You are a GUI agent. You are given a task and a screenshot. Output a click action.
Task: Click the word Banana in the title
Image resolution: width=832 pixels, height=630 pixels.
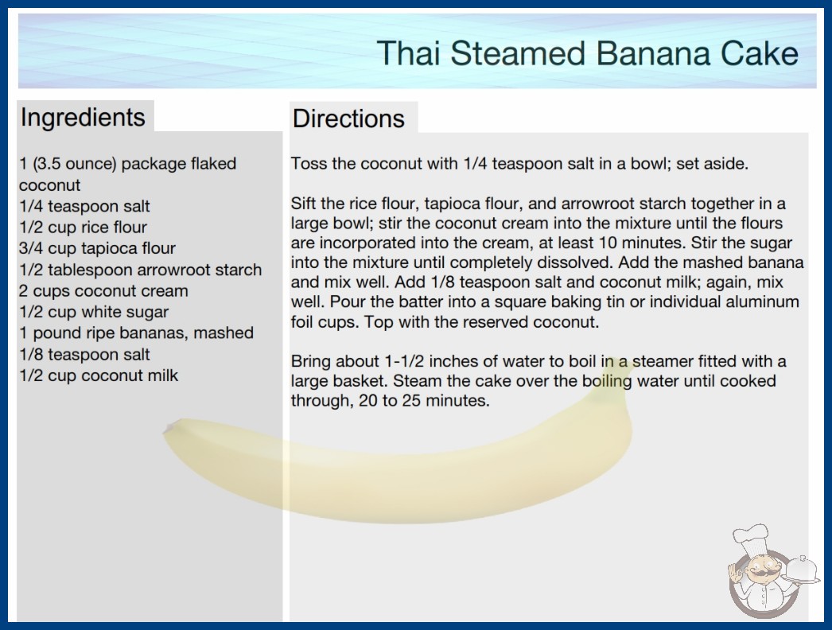click(x=653, y=53)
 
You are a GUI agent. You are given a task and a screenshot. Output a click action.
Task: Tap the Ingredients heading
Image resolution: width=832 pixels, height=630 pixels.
click(x=83, y=117)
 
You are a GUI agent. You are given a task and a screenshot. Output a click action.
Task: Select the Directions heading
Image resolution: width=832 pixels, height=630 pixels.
click(x=348, y=119)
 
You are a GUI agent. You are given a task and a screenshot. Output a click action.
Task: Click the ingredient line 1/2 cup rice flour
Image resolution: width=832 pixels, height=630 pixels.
click(x=83, y=227)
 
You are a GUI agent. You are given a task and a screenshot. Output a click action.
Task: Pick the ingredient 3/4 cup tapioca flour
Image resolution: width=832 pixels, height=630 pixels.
click(x=97, y=248)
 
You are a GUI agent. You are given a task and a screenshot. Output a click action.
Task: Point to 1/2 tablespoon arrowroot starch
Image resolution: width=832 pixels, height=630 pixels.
click(x=141, y=270)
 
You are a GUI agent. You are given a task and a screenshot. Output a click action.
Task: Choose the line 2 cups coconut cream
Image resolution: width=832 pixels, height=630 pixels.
click(x=103, y=291)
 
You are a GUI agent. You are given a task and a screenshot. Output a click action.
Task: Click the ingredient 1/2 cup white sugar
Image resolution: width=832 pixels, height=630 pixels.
click(x=94, y=312)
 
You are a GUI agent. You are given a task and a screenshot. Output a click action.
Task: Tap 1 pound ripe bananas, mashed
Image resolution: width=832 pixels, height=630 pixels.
click(x=136, y=333)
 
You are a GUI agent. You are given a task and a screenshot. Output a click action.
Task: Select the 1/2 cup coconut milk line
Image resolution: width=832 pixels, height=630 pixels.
click(x=99, y=375)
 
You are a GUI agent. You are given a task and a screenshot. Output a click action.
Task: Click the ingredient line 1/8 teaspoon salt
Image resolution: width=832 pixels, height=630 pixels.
click(x=84, y=355)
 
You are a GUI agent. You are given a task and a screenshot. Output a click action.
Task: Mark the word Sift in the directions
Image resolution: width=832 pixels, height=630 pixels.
click(x=303, y=204)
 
